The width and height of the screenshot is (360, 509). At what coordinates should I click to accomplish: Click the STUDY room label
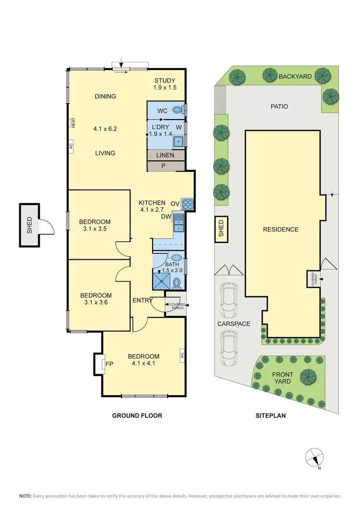tap(165, 80)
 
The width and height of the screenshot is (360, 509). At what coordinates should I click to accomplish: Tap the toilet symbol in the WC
tap(177, 110)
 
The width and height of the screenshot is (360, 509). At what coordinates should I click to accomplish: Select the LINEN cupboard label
tap(165, 156)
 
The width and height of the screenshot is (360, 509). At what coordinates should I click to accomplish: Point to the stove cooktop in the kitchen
tap(188, 205)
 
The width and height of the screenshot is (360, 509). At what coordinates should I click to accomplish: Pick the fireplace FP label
tap(109, 364)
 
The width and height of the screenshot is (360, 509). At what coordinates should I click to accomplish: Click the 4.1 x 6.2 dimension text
tap(105, 129)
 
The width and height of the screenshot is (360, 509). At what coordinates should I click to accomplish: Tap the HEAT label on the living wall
tap(73, 123)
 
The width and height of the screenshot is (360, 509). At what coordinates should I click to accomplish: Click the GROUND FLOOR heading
tap(137, 415)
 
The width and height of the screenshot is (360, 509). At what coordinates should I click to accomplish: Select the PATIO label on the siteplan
tap(279, 106)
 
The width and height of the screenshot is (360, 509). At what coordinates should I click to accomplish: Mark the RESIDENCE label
tap(281, 230)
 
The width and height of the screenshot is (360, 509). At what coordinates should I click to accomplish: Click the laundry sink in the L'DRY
tap(178, 141)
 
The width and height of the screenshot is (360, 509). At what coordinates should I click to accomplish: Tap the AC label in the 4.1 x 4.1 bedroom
tap(182, 356)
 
